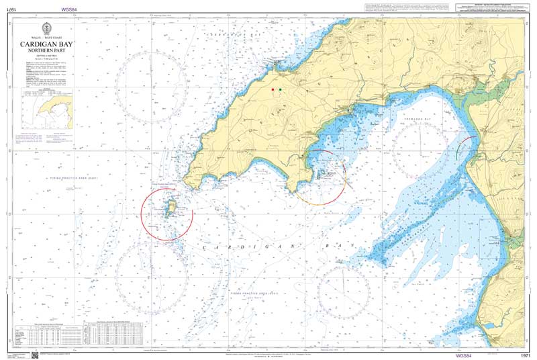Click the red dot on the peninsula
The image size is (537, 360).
[x=273, y=89]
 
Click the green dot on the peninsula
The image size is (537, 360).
[x=281, y=89]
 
